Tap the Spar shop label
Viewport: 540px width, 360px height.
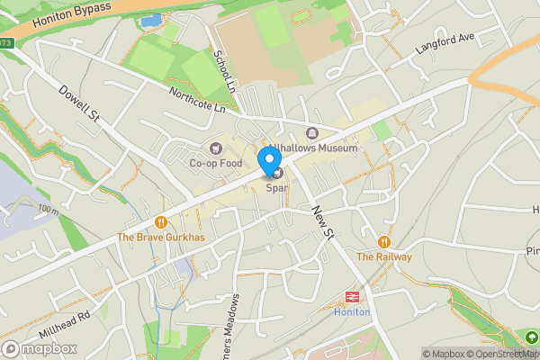[275, 187]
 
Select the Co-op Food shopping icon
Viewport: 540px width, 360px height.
[215, 148]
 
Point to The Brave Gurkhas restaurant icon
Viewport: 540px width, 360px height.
[160, 221]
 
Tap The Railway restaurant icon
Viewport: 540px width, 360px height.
[384, 241]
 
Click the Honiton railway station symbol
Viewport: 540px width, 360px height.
[351, 296]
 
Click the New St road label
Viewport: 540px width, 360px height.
[322, 221]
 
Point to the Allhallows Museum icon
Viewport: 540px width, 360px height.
[312, 133]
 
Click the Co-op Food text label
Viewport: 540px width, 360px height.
[216, 164]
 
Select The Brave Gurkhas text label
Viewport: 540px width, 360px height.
[161, 238]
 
